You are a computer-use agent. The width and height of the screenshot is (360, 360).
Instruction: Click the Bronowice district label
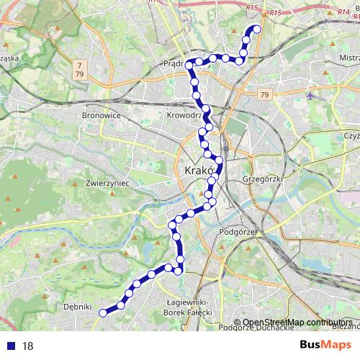click(100, 114)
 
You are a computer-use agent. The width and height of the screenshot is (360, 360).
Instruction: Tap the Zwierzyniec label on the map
click(107, 184)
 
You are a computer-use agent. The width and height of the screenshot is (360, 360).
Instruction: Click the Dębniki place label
click(77, 306)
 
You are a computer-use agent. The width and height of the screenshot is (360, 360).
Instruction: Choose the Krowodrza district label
click(186, 114)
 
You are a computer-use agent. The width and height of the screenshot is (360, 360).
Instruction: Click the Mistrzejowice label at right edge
click(348, 55)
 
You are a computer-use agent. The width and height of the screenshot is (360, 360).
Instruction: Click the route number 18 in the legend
click(27, 346)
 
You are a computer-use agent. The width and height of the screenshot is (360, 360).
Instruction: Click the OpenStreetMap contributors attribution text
click(297, 323)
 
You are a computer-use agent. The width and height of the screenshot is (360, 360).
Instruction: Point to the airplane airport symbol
click(310, 96)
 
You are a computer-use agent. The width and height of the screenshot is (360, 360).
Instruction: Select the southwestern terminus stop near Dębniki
click(102, 312)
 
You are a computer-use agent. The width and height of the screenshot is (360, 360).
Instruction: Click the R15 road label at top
click(252, 7)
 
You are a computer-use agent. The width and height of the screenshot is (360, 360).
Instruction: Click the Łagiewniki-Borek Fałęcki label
click(188, 308)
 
